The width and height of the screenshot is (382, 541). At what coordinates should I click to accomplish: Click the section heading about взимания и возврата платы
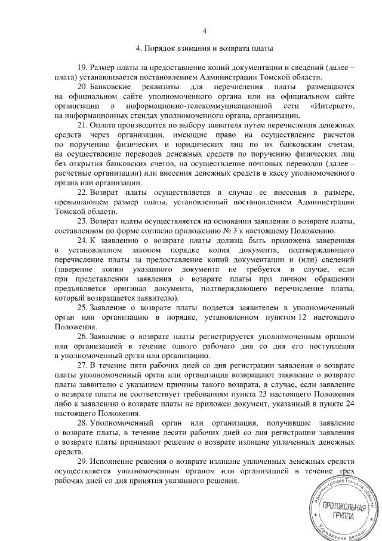pos(204,48)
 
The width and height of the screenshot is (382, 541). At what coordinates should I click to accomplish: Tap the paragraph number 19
pos(83,67)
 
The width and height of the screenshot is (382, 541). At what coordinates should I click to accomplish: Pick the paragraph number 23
pos(83,221)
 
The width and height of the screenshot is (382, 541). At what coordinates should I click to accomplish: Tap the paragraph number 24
pos(83,240)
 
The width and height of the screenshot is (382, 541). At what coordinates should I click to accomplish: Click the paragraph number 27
pos(83,365)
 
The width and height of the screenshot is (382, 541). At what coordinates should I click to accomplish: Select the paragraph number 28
pos(83,423)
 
